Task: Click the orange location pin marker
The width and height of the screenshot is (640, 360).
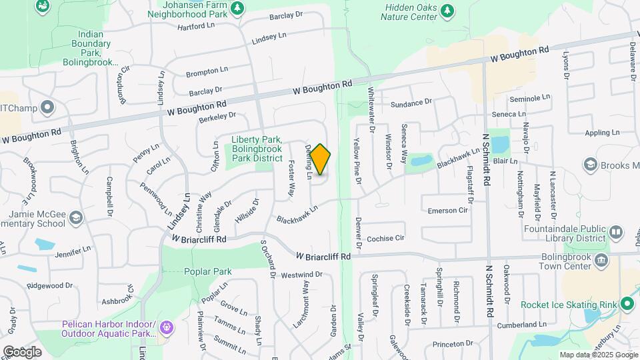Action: (x=320, y=159)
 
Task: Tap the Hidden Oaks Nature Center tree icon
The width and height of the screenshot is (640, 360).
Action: (x=447, y=10)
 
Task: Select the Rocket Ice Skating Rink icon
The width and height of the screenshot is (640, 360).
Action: (x=626, y=304)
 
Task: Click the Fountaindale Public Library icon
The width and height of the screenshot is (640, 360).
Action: (x=615, y=233)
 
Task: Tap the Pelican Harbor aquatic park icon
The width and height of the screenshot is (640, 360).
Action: (x=166, y=327)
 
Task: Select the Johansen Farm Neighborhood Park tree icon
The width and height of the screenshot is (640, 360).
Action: (x=237, y=8)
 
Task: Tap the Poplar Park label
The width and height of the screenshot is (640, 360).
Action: (x=209, y=271)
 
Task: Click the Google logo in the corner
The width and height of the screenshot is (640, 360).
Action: (x=22, y=351)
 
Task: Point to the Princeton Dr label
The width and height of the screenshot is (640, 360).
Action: (x=452, y=344)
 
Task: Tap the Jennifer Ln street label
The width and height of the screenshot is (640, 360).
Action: (x=73, y=253)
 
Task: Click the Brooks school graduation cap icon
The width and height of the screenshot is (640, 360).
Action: (x=589, y=164)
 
